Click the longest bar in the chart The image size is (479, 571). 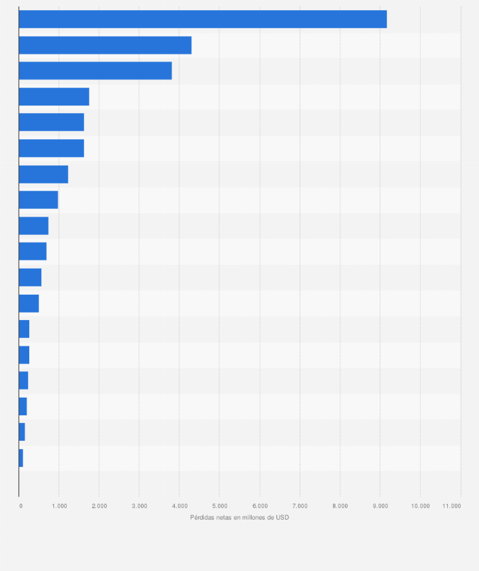203,19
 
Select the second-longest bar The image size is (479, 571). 105,45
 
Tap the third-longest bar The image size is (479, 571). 95,71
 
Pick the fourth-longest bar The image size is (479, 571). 54,97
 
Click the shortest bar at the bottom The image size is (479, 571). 21,457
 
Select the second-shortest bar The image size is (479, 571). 22,432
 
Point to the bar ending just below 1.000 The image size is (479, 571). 38,199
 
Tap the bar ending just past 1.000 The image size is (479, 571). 43,174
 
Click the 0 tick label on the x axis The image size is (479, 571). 20,506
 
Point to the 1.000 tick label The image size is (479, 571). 59,506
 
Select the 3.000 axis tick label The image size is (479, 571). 139,506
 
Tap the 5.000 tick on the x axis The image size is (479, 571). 219,506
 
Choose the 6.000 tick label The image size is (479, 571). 259,506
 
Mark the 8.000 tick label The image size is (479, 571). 340,506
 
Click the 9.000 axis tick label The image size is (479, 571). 380,506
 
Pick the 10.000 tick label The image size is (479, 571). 420,506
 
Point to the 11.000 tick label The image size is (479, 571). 452,506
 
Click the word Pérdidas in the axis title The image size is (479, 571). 202,517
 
